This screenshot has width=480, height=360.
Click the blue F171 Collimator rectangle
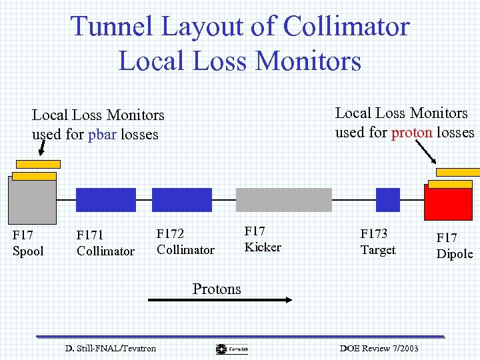(x=106, y=200)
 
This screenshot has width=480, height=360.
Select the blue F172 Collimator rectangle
(x=182, y=200)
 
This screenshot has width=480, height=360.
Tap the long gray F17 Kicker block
(x=284, y=200)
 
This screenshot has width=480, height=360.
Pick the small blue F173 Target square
(x=388, y=200)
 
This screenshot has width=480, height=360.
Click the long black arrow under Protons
(x=219, y=300)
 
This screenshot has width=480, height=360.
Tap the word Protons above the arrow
(x=217, y=289)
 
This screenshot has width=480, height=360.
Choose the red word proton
(x=412, y=132)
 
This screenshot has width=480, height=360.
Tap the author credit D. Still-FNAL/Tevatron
(x=111, y=349)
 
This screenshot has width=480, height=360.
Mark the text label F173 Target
(x=377, y=241)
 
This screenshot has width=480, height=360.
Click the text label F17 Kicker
(x=262, y=239)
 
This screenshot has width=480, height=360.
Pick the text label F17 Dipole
(x=454, y=245)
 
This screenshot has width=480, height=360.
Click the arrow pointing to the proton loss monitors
(x=426, y=154)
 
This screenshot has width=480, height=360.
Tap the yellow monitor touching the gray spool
(x=34, y=176)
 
